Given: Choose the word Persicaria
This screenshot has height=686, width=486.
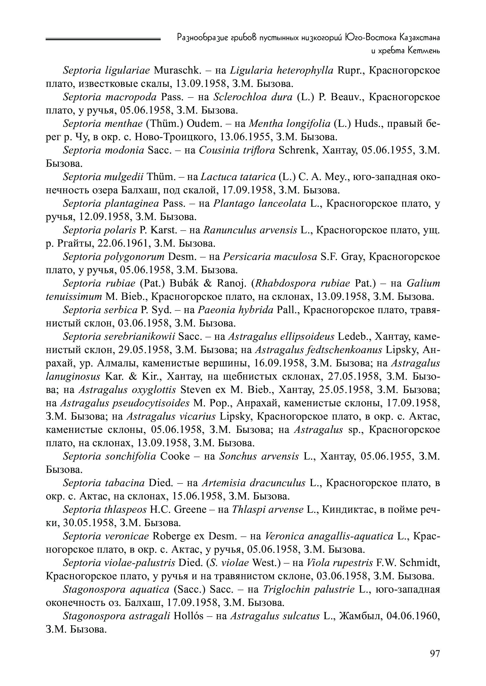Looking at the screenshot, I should coord(244,257).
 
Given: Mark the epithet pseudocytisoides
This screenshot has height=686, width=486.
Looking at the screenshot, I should coord(125,403).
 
